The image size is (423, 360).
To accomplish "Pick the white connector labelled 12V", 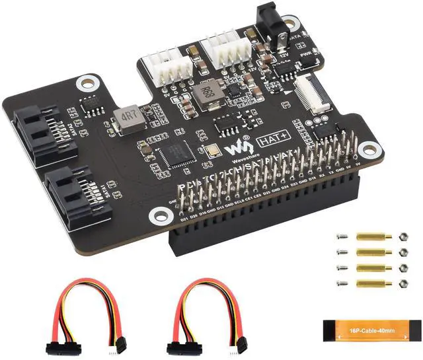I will tap(225, 48).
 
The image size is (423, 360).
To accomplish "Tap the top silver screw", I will tap(342, 237).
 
